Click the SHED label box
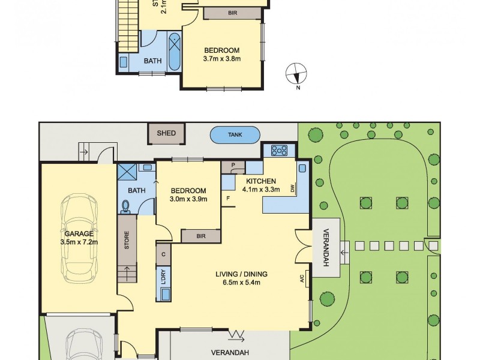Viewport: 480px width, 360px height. [x=166, y=133]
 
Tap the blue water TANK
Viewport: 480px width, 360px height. [x=235, y=135]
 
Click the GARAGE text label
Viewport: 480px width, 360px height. [x=79, y=233]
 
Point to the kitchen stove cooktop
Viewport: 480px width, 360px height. [x=280, y=150]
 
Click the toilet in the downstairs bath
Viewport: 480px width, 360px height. [x=126, y=206]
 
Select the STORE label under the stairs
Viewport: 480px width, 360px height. [x=127, y=241]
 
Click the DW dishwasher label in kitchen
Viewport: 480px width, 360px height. [x=293, y=189]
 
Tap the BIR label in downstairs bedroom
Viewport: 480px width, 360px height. [x=200, y=237]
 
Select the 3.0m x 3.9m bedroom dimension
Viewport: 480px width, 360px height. [x=188, y=199]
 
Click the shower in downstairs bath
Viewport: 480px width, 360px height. [x=127, y=172]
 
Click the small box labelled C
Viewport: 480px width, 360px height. [x=164, y=254]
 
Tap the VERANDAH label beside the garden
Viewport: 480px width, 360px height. [x=326, y=247]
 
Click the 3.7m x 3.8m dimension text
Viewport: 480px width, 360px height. [x=221, y=59]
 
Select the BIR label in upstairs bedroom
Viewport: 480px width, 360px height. [x=232, y=13]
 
